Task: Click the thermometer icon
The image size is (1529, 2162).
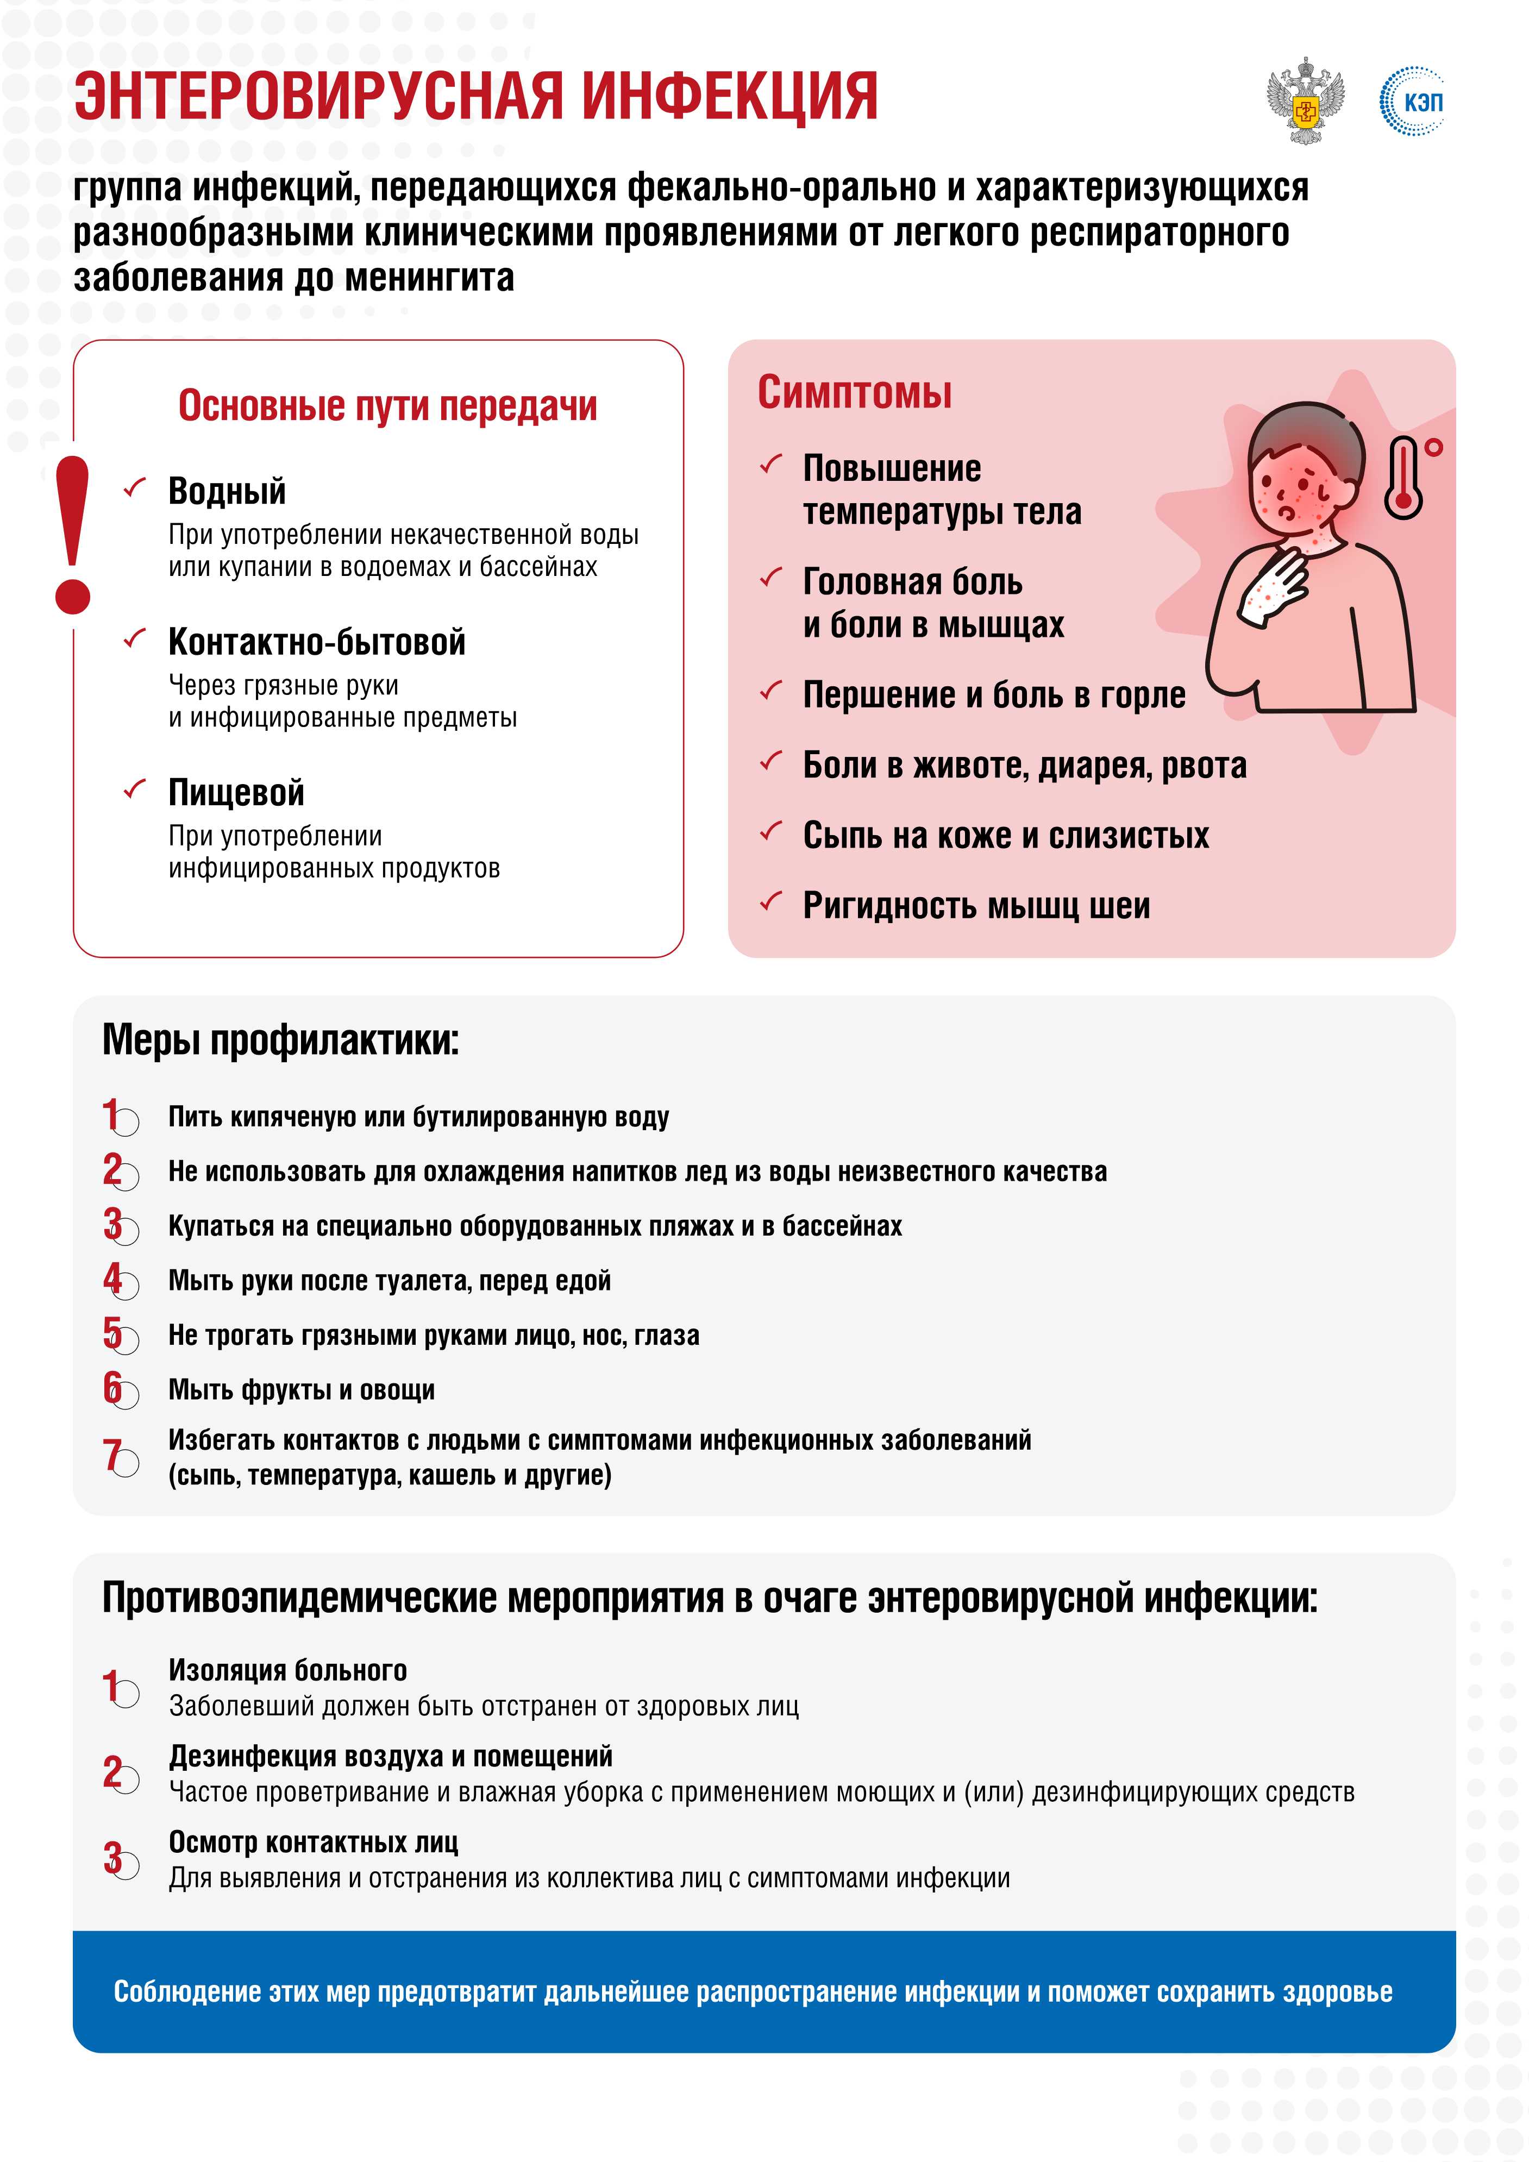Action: tap(1404, 478)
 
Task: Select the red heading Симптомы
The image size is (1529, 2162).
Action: tap(854, 393)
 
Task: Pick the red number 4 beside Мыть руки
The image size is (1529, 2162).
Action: tap(113, 1279)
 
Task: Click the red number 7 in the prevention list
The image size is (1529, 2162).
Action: tap(112, 1454)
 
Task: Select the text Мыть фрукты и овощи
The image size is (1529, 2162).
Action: tap(301, 1390)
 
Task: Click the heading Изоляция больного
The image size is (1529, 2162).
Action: tap(288, 1670)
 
